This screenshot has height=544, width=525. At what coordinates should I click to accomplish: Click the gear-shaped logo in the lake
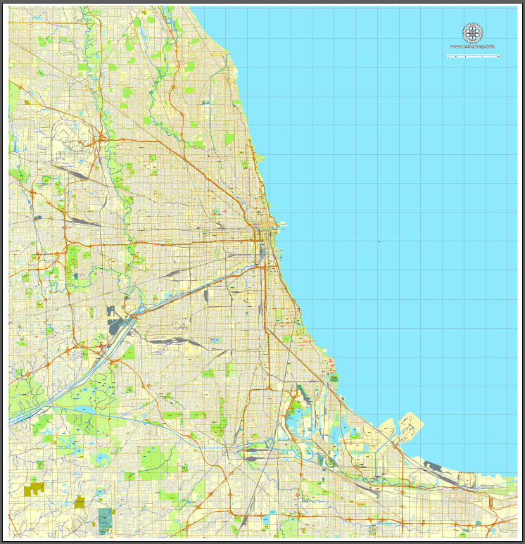tap(473, 32)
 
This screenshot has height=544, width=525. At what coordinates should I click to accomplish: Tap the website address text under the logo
tap(473, 47)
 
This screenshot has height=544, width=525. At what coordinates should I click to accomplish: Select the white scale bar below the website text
tap(473, 55)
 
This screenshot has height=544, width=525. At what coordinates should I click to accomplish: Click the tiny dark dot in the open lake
tap(379, 242)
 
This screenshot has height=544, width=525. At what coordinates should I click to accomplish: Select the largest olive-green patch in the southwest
tap(34, 487)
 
